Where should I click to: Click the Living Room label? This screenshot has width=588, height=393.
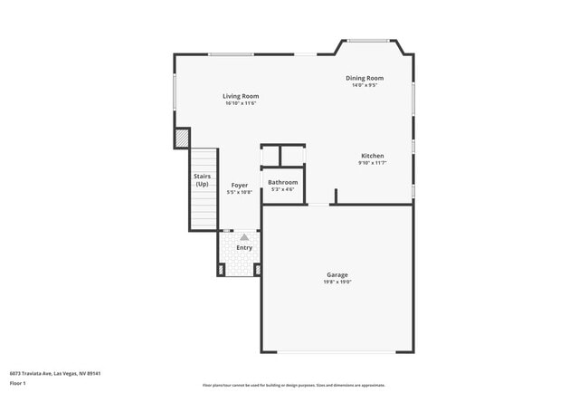pos(242,96)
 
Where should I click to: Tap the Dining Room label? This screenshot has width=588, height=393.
pos(365,79)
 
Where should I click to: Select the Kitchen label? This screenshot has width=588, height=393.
pos(372,156)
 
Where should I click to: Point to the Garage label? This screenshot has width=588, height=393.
pos(337,274)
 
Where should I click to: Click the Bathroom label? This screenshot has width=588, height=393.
pos(282,182)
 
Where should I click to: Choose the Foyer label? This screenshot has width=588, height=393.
pos(239,185)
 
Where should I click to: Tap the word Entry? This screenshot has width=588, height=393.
pos(244,247)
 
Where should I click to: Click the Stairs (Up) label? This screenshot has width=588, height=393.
pos(203,180)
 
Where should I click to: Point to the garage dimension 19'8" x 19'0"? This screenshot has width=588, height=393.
pos(337,282)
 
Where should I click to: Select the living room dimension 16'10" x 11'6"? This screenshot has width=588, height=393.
pos(242,103)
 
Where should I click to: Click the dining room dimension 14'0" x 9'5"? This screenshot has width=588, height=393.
pos(365,86)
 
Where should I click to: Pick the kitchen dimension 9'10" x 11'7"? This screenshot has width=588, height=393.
pos(372,163)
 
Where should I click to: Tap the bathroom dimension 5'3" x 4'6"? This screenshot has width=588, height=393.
pos(282,189)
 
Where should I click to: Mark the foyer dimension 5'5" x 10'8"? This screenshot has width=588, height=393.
pos(239,192)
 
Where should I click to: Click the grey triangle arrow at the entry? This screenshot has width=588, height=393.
pos(244,237)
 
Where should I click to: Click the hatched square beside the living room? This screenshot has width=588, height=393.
pos(182,138)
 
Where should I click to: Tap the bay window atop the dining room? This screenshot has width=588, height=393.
pos(369,40)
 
